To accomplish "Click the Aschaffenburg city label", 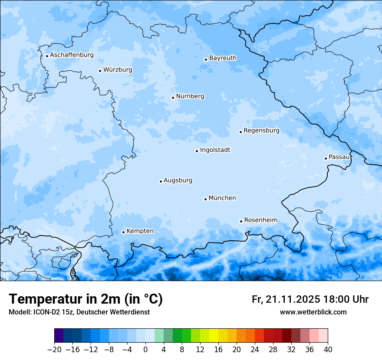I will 72,55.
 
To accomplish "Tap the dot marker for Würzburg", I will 100,71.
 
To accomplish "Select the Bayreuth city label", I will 223,58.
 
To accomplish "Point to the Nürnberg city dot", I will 173,98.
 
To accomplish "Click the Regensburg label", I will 261,131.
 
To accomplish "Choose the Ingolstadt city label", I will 215,150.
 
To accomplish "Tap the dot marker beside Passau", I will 326,158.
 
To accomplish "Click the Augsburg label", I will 178,180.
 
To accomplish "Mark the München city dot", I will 205,199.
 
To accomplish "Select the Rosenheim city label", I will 260,220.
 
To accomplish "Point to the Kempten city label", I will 140,231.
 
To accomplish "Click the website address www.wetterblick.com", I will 313,312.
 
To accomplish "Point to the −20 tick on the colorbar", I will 54,350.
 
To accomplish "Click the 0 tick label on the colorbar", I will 145,350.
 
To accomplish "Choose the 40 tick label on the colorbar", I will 328,350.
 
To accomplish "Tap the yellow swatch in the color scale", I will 214,336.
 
